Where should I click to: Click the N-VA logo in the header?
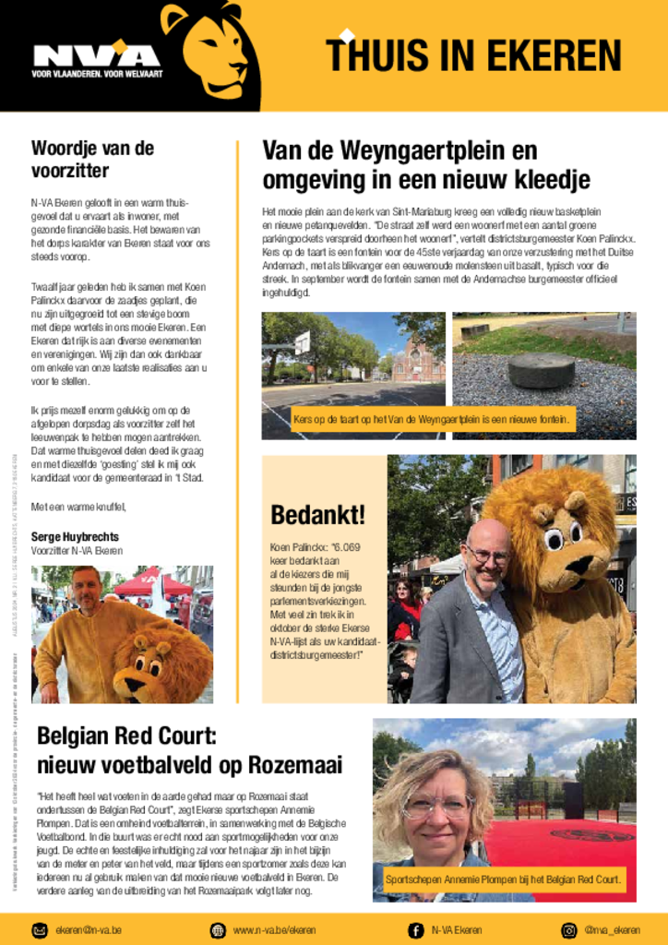pos(96,56)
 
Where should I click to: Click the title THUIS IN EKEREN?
pos(474,55)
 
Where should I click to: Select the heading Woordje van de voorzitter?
pos(92,159)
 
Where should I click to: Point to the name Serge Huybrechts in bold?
pos(75,536)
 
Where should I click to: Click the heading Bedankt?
pos(317,515)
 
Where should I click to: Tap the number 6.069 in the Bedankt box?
pos(343,547)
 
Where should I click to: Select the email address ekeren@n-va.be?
pos(89,929)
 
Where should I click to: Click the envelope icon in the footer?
pos(41,929)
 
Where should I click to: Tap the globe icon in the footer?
pos(218,929)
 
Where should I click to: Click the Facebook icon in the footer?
pos(416,929)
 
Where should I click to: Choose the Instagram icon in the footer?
pos(569,929)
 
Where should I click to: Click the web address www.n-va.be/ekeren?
pos(273,929)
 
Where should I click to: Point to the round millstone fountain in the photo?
pos(541,369)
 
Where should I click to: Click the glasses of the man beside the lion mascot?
pos(486,556)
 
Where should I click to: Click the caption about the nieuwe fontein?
pos(432,421)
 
